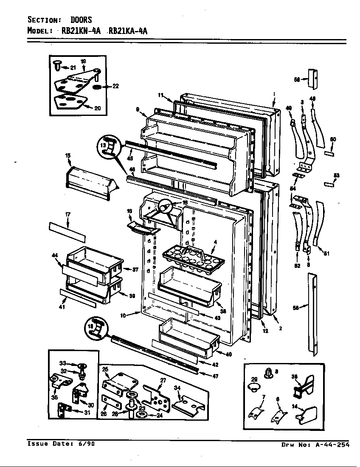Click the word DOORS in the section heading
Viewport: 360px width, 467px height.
click(81, 20)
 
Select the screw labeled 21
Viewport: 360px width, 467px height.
click(56, 65)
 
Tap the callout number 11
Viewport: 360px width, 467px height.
click(161, 95)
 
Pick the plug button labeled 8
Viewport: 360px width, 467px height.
click(268, 373)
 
